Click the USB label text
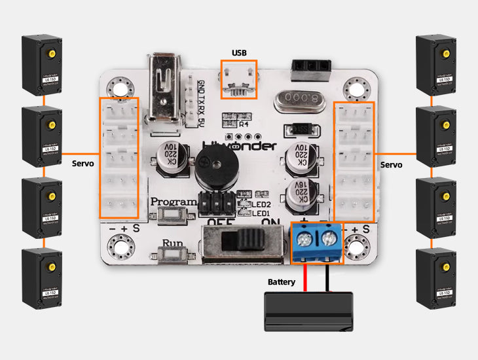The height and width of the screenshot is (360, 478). tap(239, 52)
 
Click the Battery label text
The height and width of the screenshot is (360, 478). tap(282, 283)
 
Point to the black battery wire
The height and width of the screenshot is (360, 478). tap(328, 278)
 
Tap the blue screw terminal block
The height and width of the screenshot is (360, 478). tap(316, 242)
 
